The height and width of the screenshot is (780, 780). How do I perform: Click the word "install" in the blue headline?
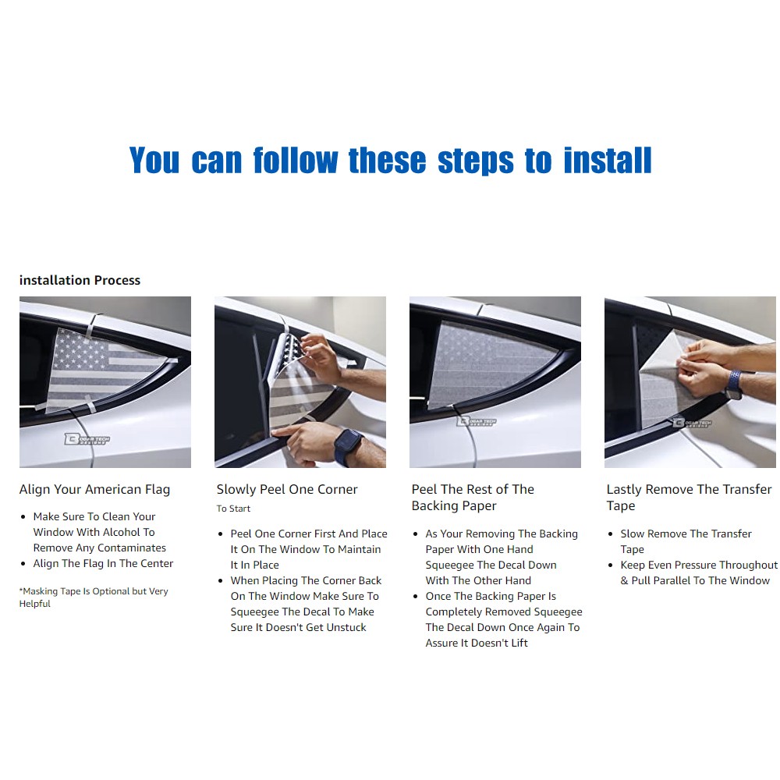pos(608,160)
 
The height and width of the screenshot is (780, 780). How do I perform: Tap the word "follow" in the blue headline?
pos(296,160)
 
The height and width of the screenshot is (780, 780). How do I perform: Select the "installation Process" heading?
pos(80,280)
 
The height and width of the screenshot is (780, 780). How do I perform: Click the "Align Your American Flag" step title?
pos(94,490)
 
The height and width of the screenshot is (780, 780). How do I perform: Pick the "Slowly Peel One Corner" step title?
pos(287,490)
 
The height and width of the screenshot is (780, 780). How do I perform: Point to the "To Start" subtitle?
pos(233,509)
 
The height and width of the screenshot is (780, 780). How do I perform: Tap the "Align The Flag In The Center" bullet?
pos(103,564)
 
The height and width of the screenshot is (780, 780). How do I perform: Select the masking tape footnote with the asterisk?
pos(94,597)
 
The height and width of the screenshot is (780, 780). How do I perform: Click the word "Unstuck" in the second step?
pos(346,627)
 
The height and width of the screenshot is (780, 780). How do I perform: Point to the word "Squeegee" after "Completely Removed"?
pos(558,612)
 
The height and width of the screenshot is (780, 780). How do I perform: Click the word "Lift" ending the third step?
pos(519,643)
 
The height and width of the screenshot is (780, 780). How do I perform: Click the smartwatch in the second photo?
pos(348,445)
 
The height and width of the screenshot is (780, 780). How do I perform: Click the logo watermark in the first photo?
pos(87,438)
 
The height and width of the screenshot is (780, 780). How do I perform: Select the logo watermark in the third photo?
pos(477,421)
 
